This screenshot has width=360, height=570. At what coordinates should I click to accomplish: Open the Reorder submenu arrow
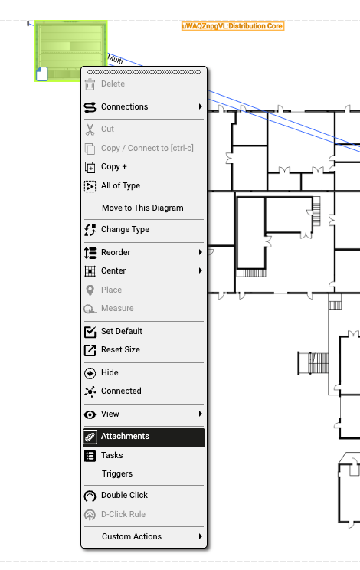tap(200, 252)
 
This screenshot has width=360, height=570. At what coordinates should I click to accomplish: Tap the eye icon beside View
tap(90, 414)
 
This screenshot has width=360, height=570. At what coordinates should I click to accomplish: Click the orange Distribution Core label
tap(233, 26)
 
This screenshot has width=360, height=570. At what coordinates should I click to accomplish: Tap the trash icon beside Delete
tap(90, 84)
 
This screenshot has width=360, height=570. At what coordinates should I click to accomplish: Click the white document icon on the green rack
tap(42, 74)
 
